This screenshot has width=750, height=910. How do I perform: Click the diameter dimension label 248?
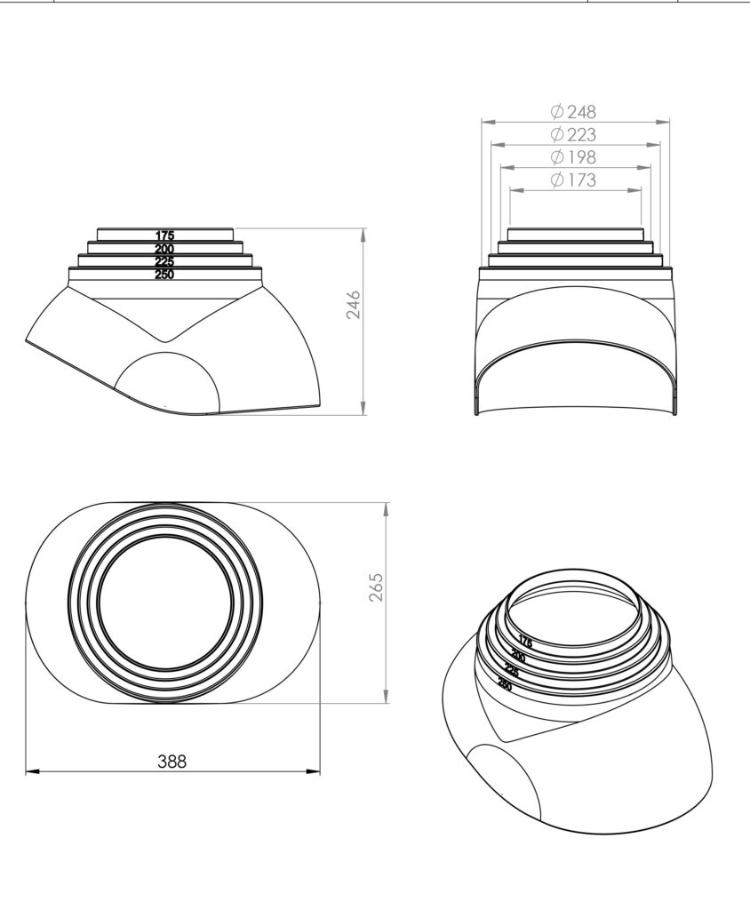coord(573,111)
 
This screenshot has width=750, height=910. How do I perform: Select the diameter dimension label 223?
coord(573,135)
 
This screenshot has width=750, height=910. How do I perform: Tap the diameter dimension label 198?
coord(573,157)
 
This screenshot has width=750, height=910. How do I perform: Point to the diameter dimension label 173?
coord(573,180)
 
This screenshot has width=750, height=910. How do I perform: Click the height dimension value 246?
coord(354,305)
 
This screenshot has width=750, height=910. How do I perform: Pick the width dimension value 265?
coord(377,587)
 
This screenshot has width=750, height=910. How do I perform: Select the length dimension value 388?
coord(172,761)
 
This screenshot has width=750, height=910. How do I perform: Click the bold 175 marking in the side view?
coord(165,235)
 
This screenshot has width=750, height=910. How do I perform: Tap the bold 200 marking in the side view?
coord(165,249)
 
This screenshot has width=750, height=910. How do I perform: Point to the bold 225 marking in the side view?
coord(165,262)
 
